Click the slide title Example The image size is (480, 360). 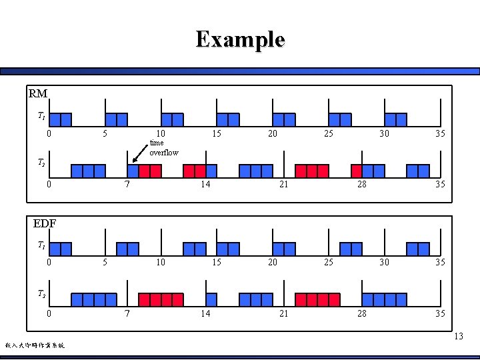pos(240,39)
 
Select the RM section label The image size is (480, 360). pos(38,93)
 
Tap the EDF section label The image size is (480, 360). pos(44,223)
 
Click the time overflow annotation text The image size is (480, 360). pos(164,147)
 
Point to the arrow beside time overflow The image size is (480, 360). pos(140,154)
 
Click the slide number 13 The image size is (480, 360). pos(458,336)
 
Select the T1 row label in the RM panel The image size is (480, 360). pos(41,117)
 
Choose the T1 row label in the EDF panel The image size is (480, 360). pos(41,245)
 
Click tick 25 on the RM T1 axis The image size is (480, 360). pos(328,133)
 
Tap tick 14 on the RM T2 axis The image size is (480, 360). pos(205,184)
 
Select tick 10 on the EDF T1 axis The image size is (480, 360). pos(161,262)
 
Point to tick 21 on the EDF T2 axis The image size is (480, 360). pos(283,313)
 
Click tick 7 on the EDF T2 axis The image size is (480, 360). pos(127,313)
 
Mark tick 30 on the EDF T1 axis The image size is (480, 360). pos(384,262)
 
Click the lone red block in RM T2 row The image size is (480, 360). pos(357,171)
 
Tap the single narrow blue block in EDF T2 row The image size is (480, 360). pos(211,299)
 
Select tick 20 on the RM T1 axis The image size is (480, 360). pos(272,133)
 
